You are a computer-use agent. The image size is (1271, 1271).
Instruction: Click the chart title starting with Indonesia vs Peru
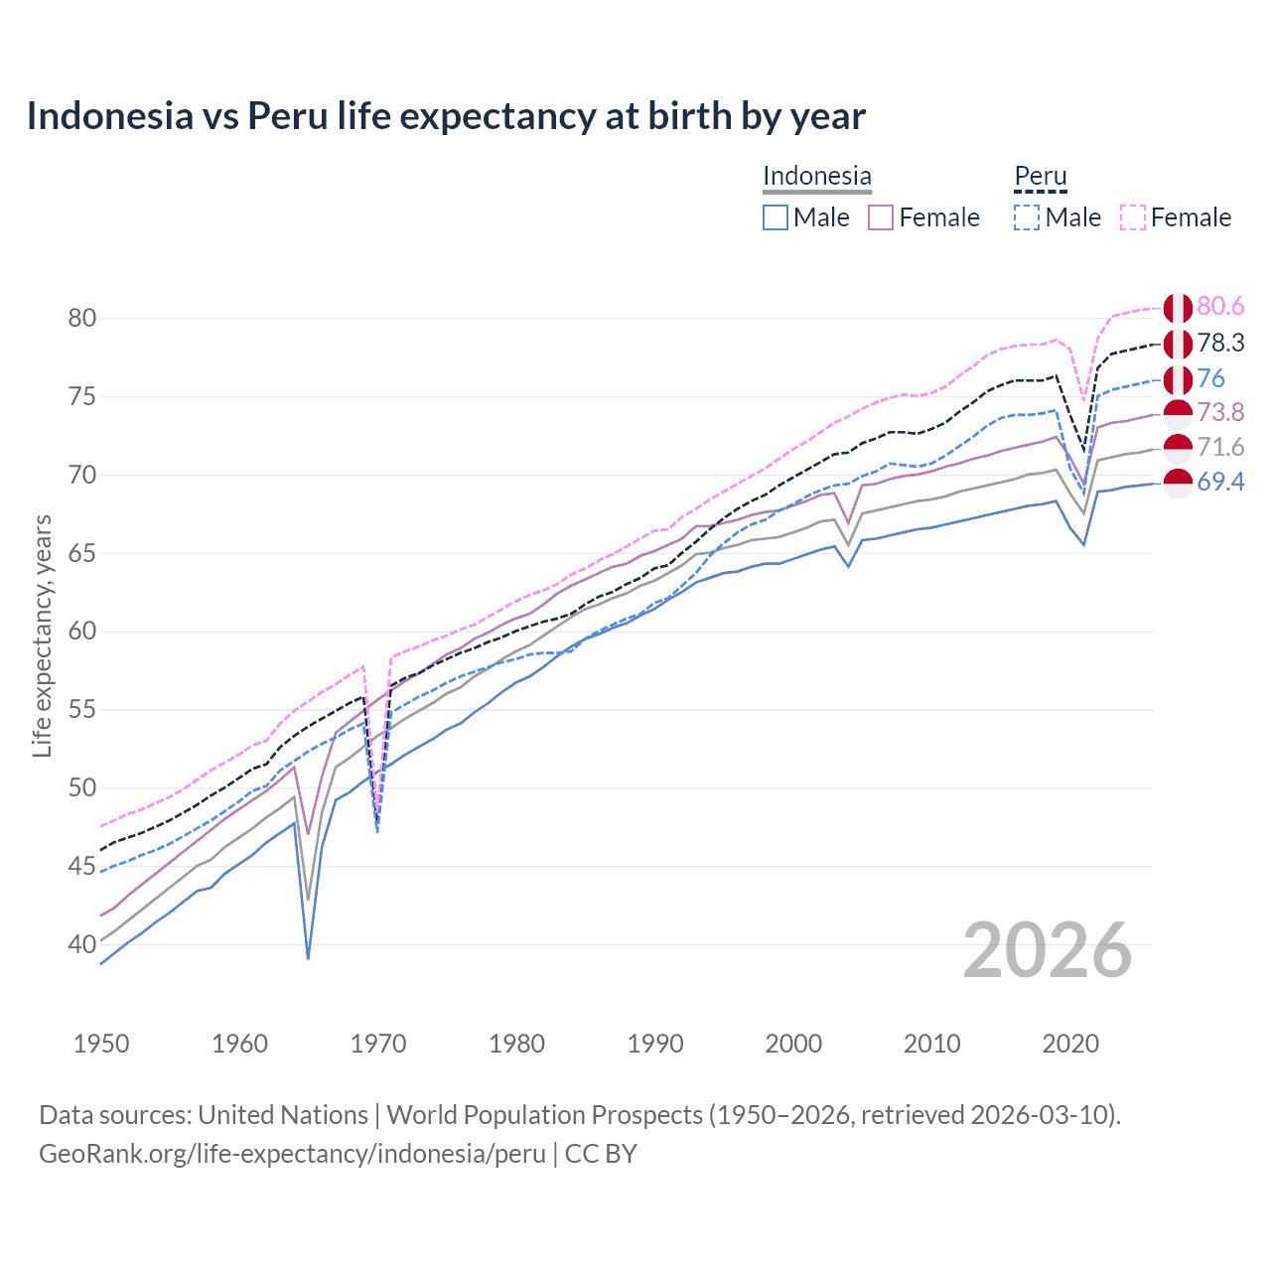tap(446, 116)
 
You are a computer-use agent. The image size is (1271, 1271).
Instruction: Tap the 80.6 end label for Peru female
tap(1220, 307)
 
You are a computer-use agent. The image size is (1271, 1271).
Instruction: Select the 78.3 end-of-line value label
tap(1220, 343)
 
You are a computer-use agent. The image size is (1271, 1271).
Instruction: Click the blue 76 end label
tap(1210, 378)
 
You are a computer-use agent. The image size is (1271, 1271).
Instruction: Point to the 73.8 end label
tap(1220, 412)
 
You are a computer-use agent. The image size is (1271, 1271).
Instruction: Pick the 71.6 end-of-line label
tap(1220, 447)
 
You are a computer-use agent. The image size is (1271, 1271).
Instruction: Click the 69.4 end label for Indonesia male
tap(1220, 482)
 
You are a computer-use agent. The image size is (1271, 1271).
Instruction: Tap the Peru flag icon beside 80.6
tap(1178, 308)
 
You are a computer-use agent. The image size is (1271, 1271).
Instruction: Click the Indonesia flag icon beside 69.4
tap(1178, 483)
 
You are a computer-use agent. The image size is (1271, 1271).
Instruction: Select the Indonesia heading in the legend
tap(816, 176)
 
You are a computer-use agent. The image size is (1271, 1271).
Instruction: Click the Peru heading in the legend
tap(1040, 176)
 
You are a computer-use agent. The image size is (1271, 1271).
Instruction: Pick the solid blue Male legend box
tap(776, 217)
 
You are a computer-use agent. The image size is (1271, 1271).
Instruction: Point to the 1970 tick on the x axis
tap(378, 1044)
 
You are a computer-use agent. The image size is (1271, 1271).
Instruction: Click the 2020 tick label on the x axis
tap(1070, 1044)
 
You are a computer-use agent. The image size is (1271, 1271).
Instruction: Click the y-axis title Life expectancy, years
tap(43, 635)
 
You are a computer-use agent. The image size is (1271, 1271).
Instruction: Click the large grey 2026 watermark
tap(1047, 950)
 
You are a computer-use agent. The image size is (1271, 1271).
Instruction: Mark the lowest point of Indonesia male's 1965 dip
tap(308, 958)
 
